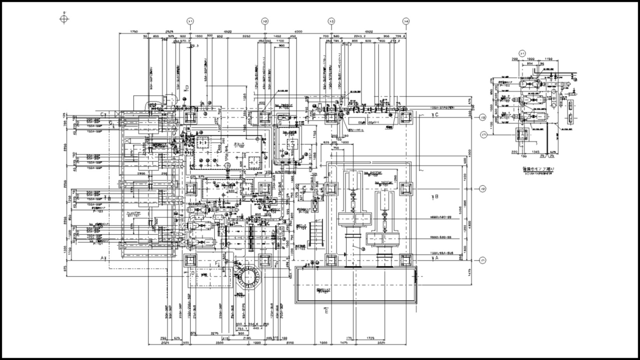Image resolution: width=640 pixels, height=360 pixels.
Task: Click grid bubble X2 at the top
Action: (265, 21)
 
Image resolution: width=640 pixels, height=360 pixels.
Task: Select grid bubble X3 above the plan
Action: (332, 21)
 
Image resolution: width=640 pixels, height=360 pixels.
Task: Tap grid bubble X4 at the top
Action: (406, 21)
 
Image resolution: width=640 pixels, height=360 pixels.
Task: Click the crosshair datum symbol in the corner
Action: (65, 19)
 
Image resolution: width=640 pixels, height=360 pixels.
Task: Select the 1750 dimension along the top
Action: (132, 32)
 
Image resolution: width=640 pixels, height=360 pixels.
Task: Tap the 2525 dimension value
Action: (169, 32)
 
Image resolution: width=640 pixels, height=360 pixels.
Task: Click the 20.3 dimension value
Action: (195, 46)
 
